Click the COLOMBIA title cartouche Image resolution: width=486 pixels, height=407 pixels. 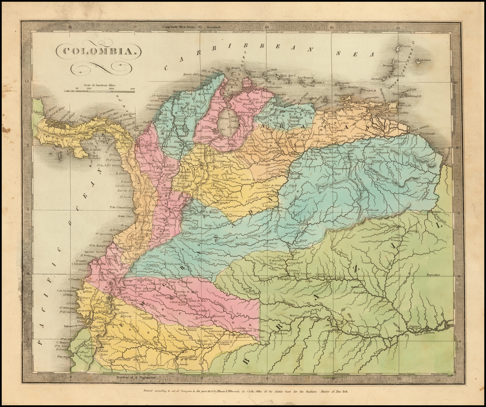pyautogui.click(x=99, y=51)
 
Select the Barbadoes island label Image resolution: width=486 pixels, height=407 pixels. pyautogui.click(x=424, y=60)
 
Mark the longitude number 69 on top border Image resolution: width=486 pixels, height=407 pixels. pyautogui.click(x=267, y=27)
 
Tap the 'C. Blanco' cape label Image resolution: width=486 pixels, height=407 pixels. pyautogui.click(x=63, y=342)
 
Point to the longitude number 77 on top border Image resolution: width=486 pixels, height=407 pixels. pyautogui.click(x=135, y=27)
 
